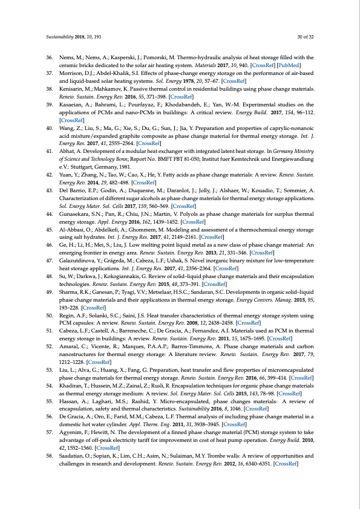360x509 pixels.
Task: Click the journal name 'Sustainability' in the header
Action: (x=59, y=36)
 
